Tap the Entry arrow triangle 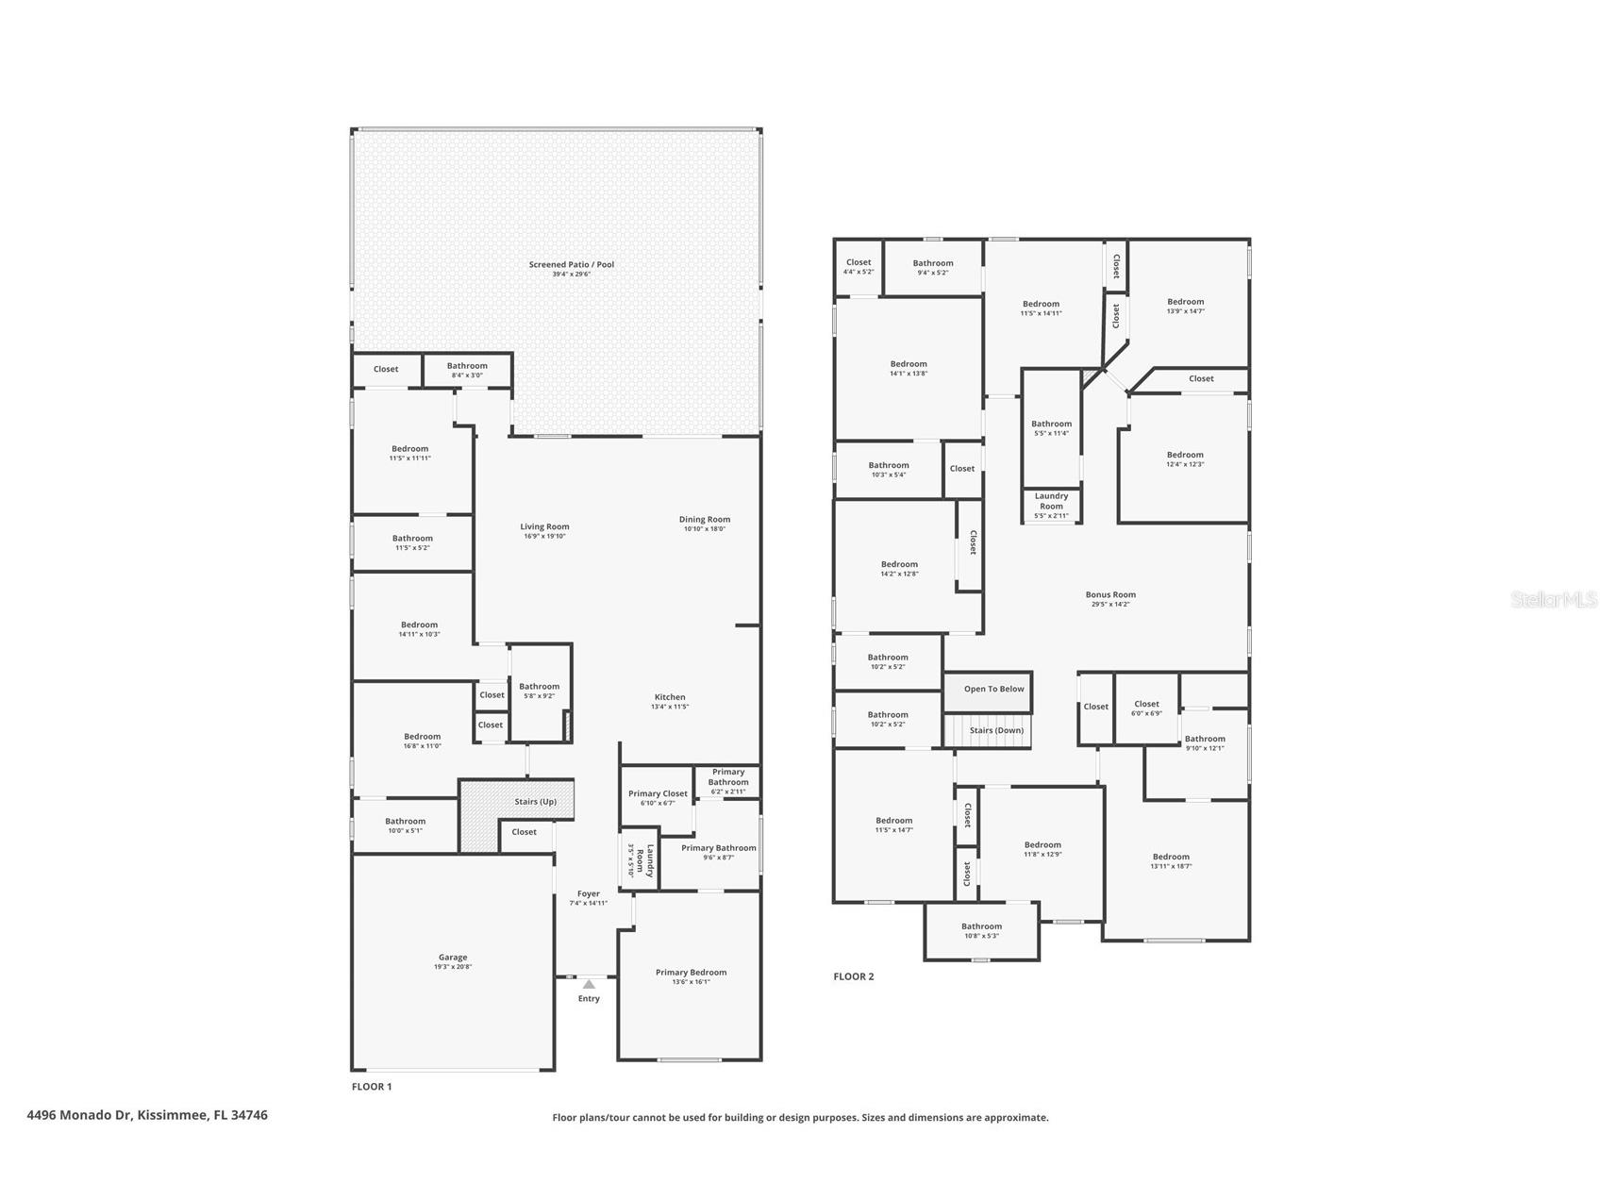[589, 984]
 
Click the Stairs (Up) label [535, 802]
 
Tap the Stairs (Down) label [996, 730]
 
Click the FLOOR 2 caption [853, 976]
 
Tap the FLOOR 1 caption [371, 1087]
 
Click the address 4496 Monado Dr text [146, 1115]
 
